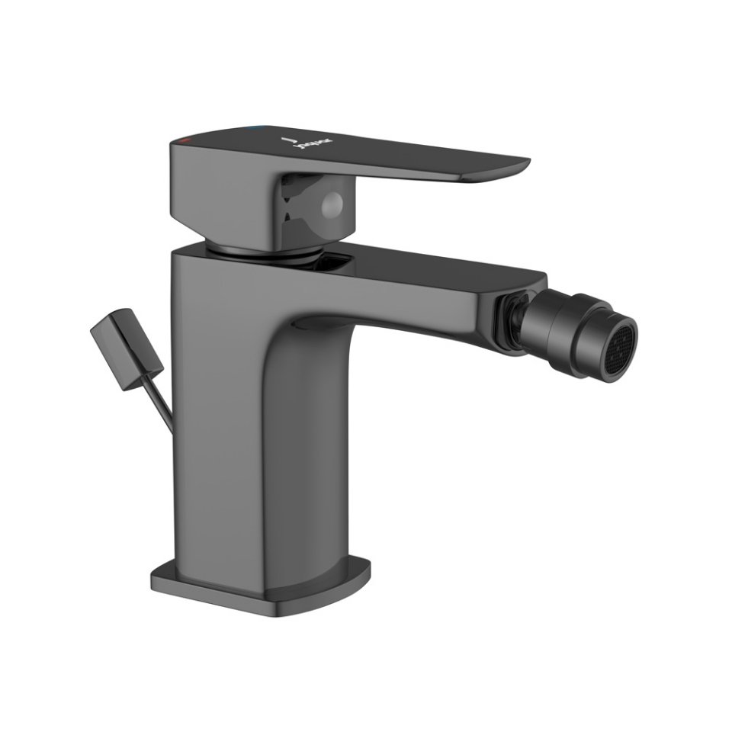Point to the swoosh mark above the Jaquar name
pos(287,140)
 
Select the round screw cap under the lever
pos(333,203)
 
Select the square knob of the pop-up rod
pos(126,348)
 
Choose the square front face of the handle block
pos(221,191)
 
